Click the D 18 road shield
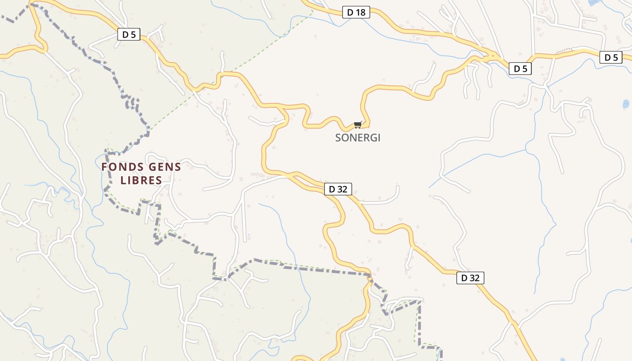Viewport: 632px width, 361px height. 356,13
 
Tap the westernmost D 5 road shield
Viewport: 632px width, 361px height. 129,34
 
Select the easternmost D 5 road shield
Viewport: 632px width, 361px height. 611,57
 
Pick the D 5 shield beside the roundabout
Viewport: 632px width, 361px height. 520,69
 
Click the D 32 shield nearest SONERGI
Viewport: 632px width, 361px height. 338,189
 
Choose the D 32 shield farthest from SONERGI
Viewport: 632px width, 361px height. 470,278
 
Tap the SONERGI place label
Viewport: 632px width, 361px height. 358,138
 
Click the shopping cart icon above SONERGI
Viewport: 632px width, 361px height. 358,125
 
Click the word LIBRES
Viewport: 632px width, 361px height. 141,180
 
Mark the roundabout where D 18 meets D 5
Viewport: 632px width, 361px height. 488,57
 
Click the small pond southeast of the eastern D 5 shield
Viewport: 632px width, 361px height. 626,104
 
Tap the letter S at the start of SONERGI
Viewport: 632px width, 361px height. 338,138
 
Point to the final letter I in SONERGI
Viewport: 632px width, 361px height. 379,138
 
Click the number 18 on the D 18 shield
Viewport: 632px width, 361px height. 360,13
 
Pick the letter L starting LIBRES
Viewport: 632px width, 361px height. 123,180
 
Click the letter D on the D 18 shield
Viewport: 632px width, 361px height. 350,13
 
